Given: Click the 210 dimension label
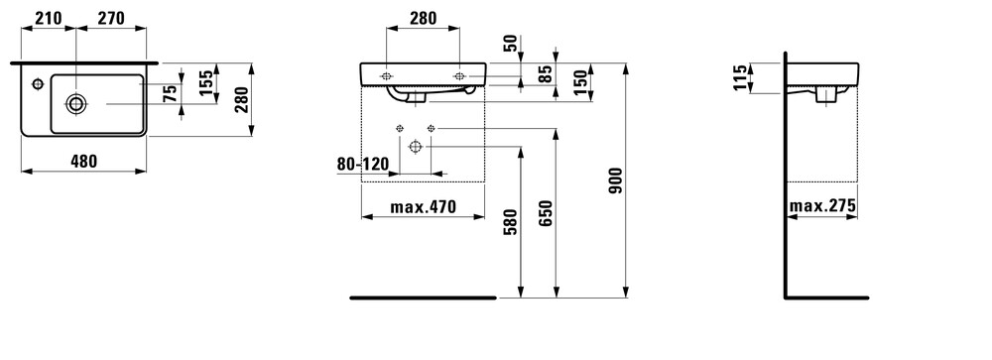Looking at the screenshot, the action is point(48,19).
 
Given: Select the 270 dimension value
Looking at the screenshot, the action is point(111,19).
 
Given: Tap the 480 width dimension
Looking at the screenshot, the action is point(83,162).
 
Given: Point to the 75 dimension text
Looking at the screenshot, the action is point(170,94).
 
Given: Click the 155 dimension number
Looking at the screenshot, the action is point(206,83).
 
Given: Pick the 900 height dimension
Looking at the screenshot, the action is point(616,180).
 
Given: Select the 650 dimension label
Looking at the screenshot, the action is point(546,212).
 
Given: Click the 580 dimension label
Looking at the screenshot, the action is point(511,221).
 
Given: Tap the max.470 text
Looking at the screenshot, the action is point(423,207).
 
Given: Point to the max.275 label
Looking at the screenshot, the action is point(822,205).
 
